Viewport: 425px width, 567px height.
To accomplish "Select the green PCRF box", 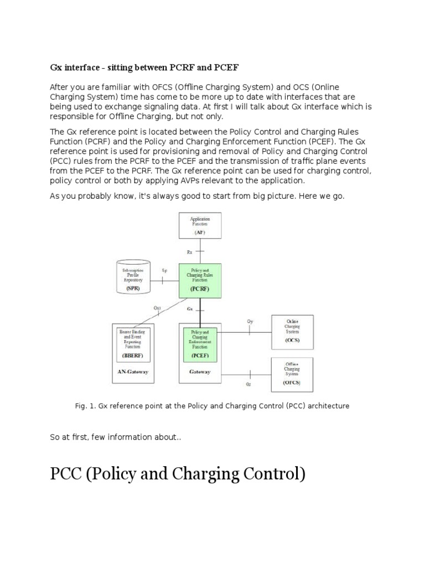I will (200, 281).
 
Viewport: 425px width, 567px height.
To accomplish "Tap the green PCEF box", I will (200, 343).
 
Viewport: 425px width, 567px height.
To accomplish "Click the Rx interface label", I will (189, 252).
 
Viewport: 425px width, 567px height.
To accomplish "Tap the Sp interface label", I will (164, 270).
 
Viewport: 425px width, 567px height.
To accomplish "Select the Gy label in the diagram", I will (250, 321).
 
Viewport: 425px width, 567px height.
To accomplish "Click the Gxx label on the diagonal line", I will (157, 307).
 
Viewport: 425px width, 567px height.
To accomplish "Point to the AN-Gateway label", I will (133, 372).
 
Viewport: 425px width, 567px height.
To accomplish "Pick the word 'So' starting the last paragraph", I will (54, 437).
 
